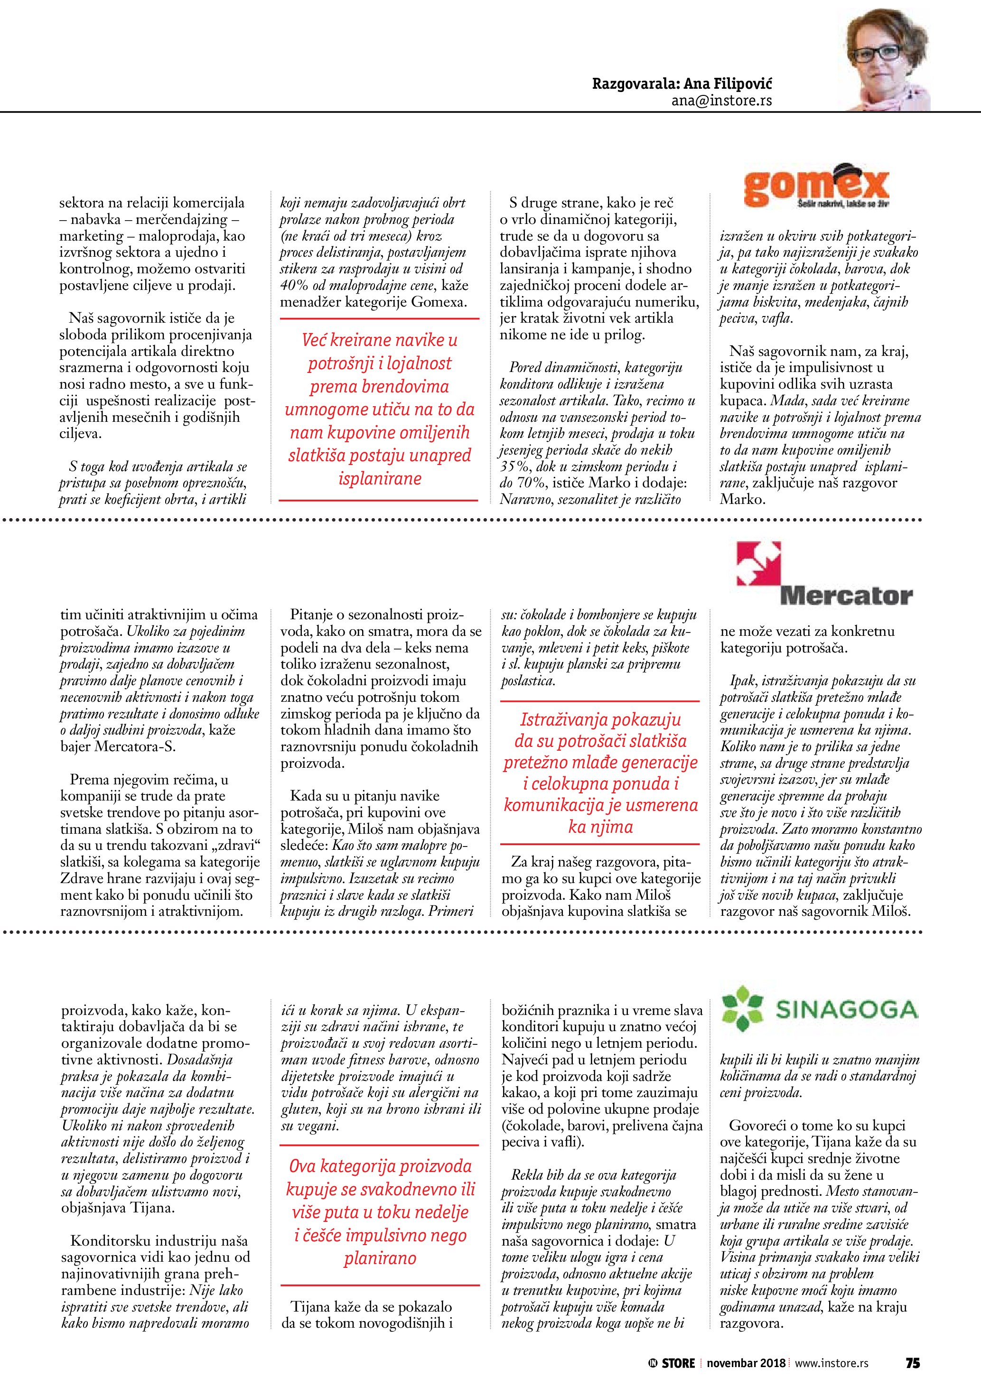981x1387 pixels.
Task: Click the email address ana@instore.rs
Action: [x=721, y=101]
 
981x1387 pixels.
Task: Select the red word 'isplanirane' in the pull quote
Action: [x=379, y=479]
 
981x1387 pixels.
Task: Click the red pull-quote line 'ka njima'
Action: [x=600, y=827]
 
